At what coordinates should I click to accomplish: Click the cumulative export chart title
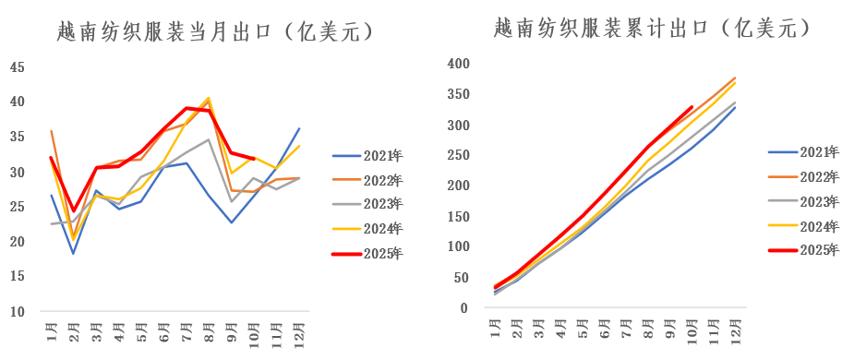pyautogui.click(x=652, y=29)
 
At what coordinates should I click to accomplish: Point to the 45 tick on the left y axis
pyautogui.click(x=18, y=66)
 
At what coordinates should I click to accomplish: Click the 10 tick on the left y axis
pyautogui.click(x=18, y=312)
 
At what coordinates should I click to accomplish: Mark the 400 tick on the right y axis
pyautogui.click(x=459, y=64)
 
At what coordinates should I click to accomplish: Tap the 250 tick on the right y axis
pyautogui.click(x=459, y=155)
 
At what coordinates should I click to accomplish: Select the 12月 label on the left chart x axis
pyautogui.click(x=298, y=331)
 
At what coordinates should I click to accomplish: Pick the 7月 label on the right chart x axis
pyautogui.click(x=628, y=327)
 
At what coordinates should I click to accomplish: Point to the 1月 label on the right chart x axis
pyautogui.click(x=496, y=327)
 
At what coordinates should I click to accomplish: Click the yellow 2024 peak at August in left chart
pyautogui.click(x=209, y=98)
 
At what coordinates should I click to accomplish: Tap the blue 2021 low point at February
pyautogui.click(x=73, y=253)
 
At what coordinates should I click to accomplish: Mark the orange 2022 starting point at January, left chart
pyautogui.click(x=51, y=131)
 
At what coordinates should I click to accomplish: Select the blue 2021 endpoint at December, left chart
pyautogui.click(x=298, y=128)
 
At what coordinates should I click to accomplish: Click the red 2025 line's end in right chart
pyautogui.click(x=692, y=107)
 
